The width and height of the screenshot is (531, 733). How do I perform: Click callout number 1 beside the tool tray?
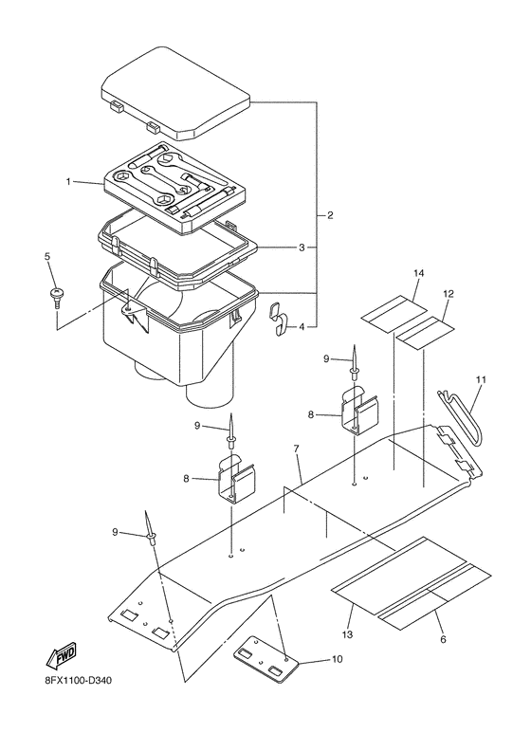click(x=68, y=180)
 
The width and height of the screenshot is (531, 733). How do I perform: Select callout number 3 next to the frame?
click(x=301, y=247)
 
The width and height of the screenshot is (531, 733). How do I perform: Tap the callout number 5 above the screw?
click(x=46, y=257)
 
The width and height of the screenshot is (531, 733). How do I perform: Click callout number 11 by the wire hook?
click(x=481, y=379)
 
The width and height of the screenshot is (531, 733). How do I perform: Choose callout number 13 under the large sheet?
click(x=347, y=633)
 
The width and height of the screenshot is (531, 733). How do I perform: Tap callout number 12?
click(x=449, y=294)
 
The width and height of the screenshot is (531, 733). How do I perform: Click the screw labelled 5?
click(x=55, y=295)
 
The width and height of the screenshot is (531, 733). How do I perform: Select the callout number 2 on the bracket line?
click(x=329, y=215)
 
